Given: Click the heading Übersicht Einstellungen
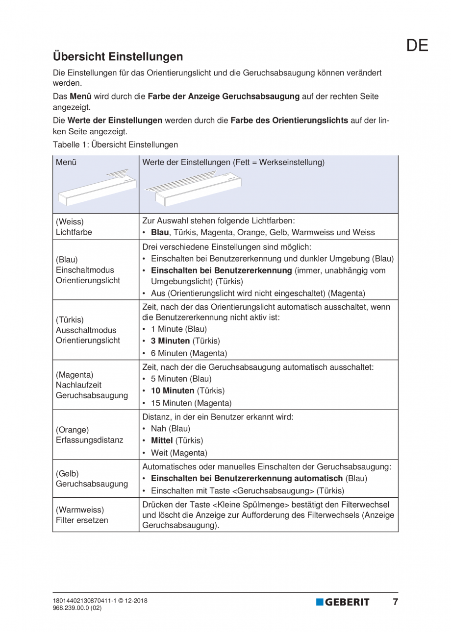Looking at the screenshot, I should click(118, 56).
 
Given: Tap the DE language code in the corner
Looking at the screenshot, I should click(417, 45).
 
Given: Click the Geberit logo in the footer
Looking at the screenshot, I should click(343, 602).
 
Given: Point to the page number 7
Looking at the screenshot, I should click(395, 602).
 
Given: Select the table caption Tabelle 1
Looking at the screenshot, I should click(115, 145).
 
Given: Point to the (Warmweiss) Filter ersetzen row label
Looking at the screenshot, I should click(81, 515).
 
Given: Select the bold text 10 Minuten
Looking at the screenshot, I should click(174, 391).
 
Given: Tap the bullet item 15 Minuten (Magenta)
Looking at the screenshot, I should click(191, 403).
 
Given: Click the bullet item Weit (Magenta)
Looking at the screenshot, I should click(179, 453).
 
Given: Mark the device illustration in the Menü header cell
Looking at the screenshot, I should click(93, 187).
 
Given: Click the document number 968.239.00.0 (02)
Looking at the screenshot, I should click(77, 608).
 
